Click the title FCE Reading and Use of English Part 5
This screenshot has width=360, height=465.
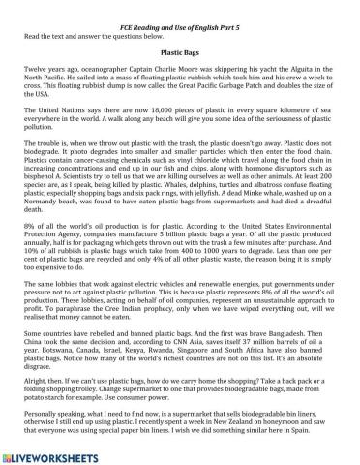(179, 10)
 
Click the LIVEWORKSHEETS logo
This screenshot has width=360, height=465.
(58, 457)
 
